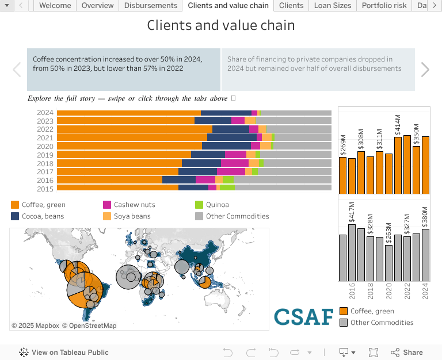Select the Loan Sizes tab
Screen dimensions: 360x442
(x=333, y=6)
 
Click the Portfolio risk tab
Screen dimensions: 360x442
(x=384, y=6)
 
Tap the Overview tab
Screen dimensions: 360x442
(x=97, y=6)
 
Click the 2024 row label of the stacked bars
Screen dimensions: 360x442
(x=45, y=113)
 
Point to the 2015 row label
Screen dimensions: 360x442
(x=45, y=189)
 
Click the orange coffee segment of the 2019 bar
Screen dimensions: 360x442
(x=124, y=155)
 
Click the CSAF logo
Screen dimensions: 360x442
(x=303, y=316)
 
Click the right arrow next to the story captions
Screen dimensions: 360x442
(x=425, y=70)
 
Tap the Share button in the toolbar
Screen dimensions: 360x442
(x=407, y=353)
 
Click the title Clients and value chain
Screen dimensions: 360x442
(x=221, y=25)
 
